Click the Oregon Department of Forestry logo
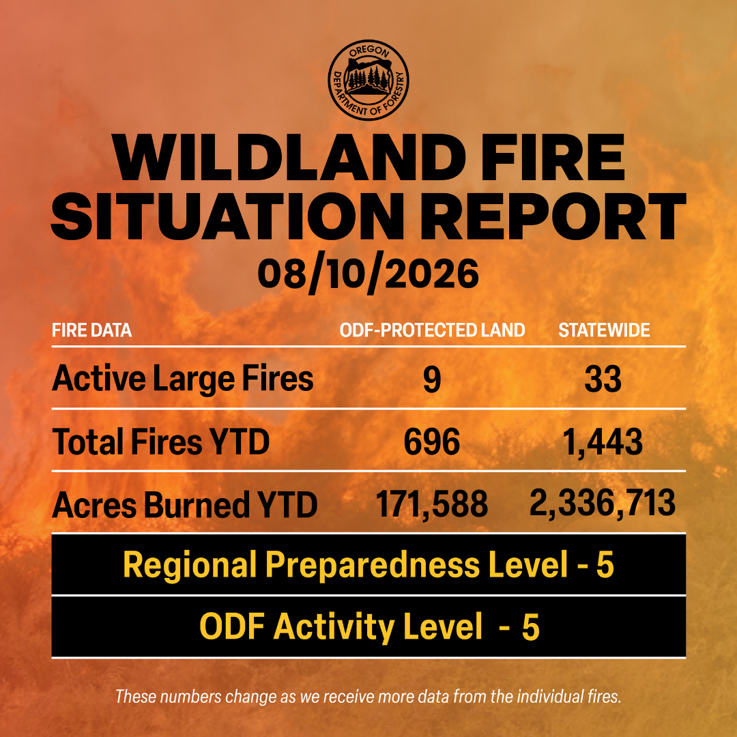pos(369,80)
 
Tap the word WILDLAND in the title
pos(289,158)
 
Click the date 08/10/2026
pos(368,274)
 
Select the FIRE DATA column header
pos(91,330)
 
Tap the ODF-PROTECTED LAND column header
pos(432,330)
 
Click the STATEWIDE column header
pos(604,330)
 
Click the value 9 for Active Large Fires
pos(432,380)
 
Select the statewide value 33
pos(603,380)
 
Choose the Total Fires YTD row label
pos(161,442)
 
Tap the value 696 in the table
pos(432,442)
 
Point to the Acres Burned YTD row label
pos(185,505)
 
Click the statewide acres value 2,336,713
pos(603,504)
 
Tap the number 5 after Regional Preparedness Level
pos(605,564)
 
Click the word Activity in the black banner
pos(334,628)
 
